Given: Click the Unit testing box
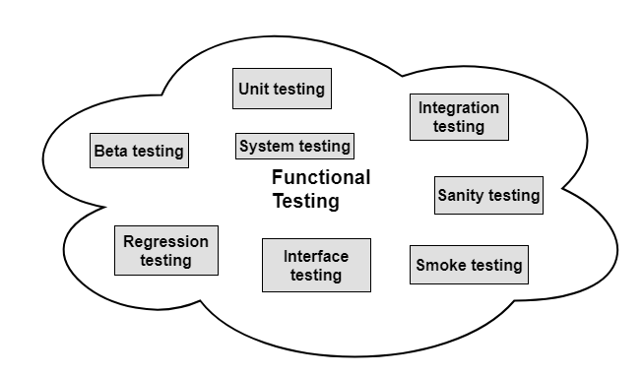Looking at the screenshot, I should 281,89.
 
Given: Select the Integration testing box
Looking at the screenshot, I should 459,117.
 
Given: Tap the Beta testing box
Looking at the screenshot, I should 139,151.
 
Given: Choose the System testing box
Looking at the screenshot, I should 295,147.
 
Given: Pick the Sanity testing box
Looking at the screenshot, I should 488,195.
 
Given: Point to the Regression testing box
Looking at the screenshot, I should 165,251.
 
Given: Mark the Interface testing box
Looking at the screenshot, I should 316,265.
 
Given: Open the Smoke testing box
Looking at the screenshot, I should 469,265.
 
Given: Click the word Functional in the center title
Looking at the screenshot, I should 321,178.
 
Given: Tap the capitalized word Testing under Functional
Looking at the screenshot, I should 305,202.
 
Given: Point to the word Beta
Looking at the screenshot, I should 111,151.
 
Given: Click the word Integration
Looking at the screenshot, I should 459,107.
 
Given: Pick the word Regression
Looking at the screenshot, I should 165,241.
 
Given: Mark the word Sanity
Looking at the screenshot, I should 461,195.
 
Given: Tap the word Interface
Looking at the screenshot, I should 316,256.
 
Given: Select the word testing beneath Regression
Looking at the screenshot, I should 165,261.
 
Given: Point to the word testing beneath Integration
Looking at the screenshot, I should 459,127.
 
